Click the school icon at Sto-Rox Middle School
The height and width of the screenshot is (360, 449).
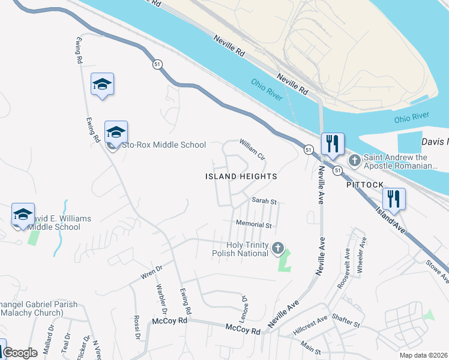click(x=116, y=132)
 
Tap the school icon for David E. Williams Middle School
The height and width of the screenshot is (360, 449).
click(x=23, y=214)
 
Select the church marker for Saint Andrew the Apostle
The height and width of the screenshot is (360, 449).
click(x=355, y=160)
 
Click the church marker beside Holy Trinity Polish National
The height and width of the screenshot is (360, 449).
click(x=277, y=247)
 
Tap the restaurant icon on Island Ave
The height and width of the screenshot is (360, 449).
click(x=394, y=199)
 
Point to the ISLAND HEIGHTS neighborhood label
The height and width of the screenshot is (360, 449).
click(x=241, y=176)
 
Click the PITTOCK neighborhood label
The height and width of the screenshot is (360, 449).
click(x=364, y=185)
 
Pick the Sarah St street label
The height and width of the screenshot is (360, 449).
click(x=264, y=201)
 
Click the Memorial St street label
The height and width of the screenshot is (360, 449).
click(x=254, y=225)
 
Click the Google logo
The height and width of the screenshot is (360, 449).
click(x=20, y=353)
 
